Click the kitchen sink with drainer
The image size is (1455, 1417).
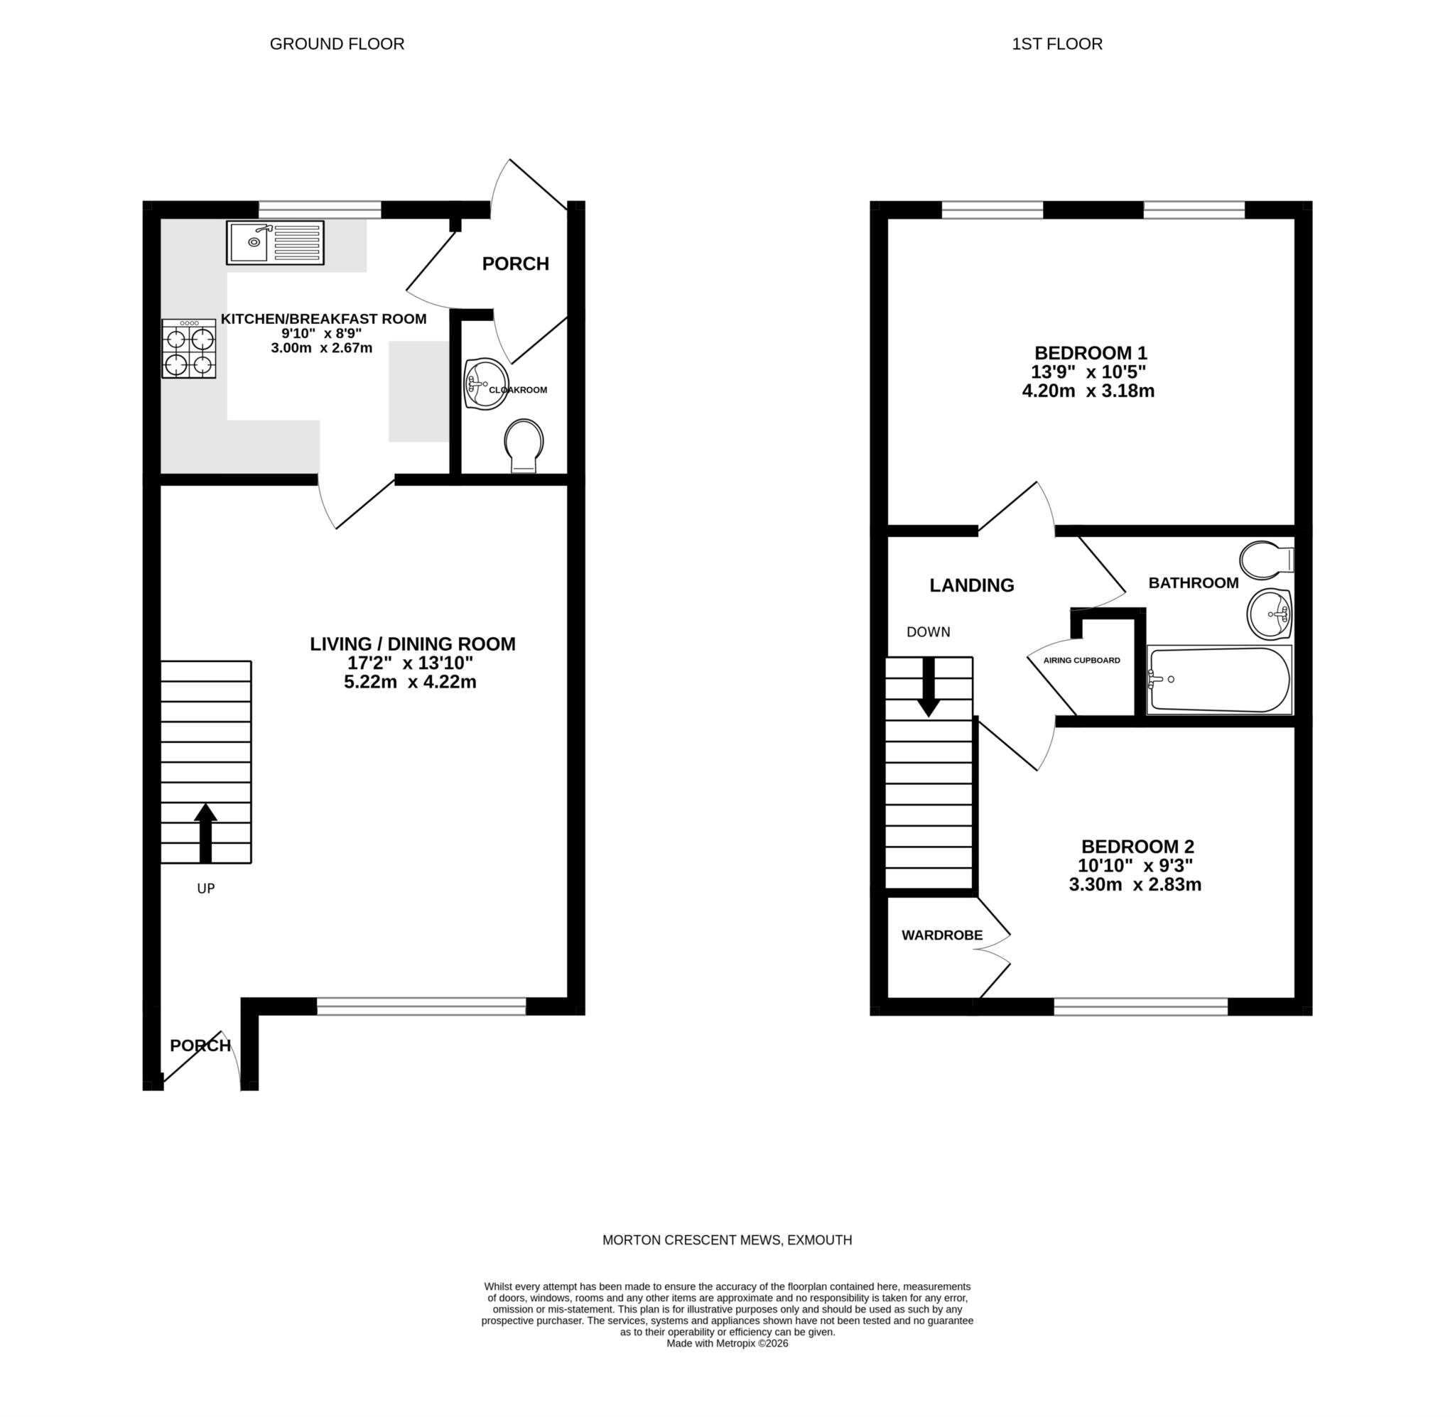pyautogui.click(x=275, y=242)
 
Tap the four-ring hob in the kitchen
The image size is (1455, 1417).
pyautogui.click(x=189, y=348)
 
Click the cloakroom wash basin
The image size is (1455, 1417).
pyautogui.click(x=485, y=384)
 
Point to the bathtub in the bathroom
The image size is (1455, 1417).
pyautogui.click(x=1218, y=680)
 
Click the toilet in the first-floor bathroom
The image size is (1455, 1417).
pyautogui.click(x=1265, y=560)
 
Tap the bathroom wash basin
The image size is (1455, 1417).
pyautogui.click(x=1269, y=614)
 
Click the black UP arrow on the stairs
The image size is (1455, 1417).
pyautogui.click(x=205, y=832)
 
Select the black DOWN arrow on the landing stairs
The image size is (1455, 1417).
pyautogui.click(x=928, y=686)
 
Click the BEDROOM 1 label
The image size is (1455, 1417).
pyautogui.click(x=1091, y=353)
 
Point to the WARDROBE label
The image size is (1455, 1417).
pyautogui.click(x=941, y=935)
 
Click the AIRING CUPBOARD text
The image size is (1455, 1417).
pyautogui.click(x=1081, y=660)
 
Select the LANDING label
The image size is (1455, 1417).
pyautogui.click(x=971, y=585)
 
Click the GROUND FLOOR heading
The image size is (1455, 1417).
pyautogui.click(x=337, y=44)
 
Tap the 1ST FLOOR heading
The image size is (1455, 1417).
pyautogui.click(x=1056, y=44)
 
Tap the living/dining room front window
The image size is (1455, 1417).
pyautogui.click(x=421, y=1006)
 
